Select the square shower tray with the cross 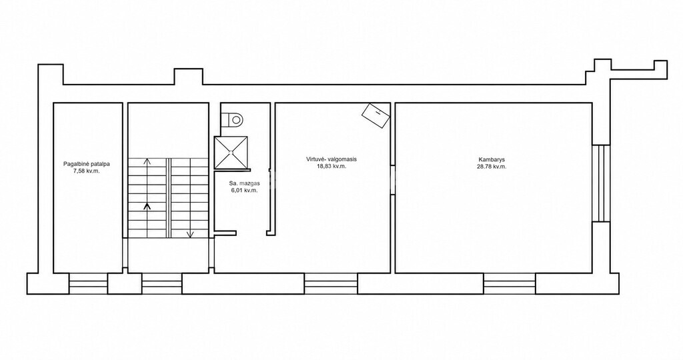231,153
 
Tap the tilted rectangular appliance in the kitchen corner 376,115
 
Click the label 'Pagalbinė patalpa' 86,165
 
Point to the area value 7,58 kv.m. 87,171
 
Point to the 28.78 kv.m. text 492,166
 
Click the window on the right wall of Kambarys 601,183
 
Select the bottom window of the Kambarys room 510,284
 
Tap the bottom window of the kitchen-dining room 331,284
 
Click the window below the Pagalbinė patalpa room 89,284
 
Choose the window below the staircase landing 162,284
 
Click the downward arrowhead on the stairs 190,235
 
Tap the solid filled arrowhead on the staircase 147,207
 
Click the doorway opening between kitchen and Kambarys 392,179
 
